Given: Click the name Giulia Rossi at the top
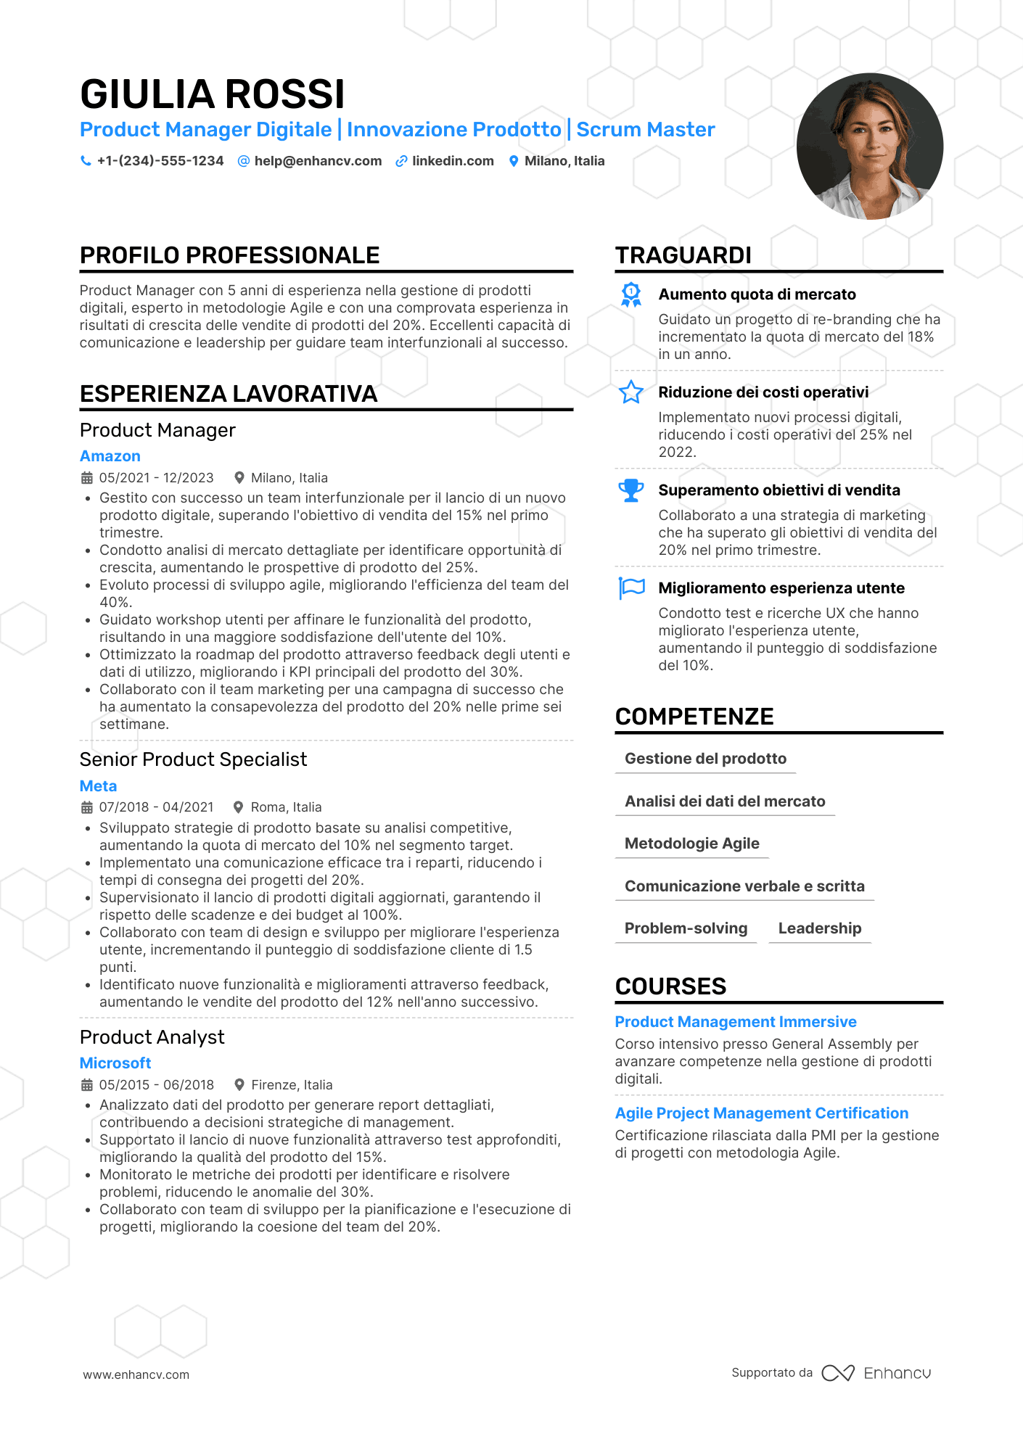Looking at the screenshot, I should [x=212, y=94].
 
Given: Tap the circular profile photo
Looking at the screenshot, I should [x=869, y=147].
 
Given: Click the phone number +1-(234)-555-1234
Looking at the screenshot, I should [x=160, y=161].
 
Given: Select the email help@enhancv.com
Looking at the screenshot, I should [x=318, y=161].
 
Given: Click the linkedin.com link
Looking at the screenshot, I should [x=453, y=161].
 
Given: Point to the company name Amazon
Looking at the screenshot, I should [x=110, y=456].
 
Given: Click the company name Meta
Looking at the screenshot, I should [x=98, y=786].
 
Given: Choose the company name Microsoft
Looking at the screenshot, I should [x=115, y=1063].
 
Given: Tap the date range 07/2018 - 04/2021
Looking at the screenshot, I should [x=156, y=807].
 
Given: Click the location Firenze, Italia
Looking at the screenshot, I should [x=292, y=1085].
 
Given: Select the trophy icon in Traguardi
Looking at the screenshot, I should [x=631, y=491].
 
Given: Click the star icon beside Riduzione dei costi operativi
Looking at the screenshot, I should [x=631, y=392].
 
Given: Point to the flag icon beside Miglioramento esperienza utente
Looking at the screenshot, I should [x=631, y=588].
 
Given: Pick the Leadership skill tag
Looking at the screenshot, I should [x=820, y=928].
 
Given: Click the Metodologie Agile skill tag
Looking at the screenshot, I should [x=691, y=844].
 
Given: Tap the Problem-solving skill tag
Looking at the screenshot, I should [x=686, y=928].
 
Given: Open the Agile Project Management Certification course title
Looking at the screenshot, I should [x=762, y=1113].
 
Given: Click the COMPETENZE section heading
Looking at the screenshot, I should [x=694, y=717].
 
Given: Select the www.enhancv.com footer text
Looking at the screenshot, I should [x=136, y=1374].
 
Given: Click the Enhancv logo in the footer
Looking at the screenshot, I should [x=876, y=1373].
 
